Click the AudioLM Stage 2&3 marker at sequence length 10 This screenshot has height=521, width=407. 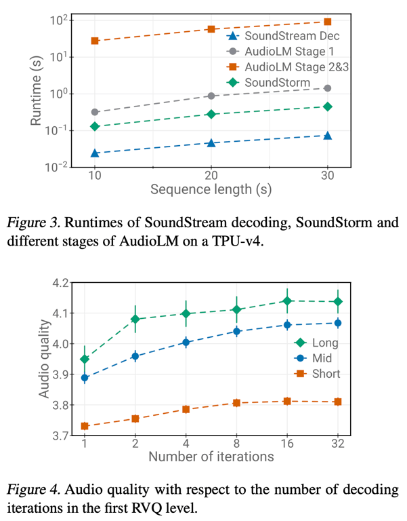click(95, 41)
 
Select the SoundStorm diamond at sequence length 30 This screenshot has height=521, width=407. click(328, 107)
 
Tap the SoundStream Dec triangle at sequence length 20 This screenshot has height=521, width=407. click(211, 142)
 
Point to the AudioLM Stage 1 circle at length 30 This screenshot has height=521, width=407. click(328, 88)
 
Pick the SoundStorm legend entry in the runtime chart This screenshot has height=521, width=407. click(277, 83)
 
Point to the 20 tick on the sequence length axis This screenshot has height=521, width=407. click(211, 175)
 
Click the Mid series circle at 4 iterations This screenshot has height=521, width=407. click(186, 343)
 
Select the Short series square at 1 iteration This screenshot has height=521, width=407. click(85, 426)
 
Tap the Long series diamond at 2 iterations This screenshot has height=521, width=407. click(135, 319)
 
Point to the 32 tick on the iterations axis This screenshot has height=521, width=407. click(337, 444)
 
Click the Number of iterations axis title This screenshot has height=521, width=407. click(211, 457)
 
